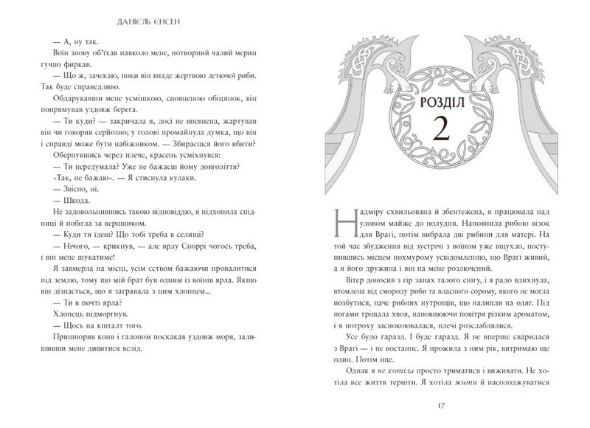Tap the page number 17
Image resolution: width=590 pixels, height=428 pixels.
tap(441, 405)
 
